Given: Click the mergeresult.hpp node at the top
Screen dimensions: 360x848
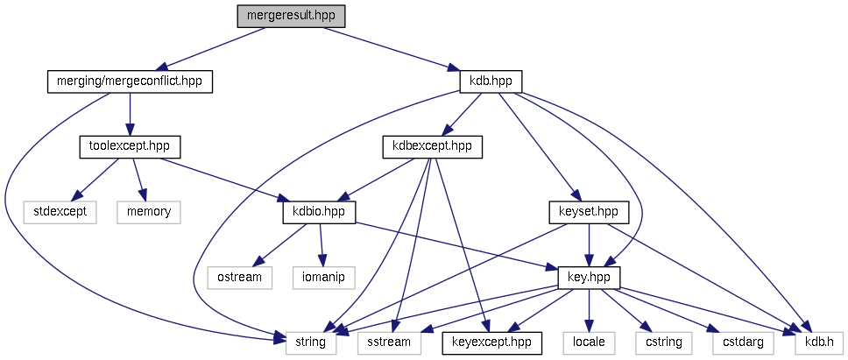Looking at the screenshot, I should tap(291, 16).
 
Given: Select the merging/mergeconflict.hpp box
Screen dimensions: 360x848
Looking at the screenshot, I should tap(130, 81).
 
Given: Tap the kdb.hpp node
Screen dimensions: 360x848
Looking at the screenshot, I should tap(491, 81).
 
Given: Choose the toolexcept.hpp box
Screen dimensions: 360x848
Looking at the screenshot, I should tap(124, 146).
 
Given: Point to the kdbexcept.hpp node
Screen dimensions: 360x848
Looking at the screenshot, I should tap(433, 146).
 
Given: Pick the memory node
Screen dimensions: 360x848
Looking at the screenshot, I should tap(148, 211).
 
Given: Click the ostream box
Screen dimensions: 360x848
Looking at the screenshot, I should tap(239, 277).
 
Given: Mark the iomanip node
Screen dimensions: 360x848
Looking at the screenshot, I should tap(323, 277).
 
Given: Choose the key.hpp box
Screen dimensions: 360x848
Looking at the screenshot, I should tap(589, 277).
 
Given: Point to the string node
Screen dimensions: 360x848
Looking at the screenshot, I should tap(311, 342).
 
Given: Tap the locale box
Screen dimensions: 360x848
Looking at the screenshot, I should tap(589, 342).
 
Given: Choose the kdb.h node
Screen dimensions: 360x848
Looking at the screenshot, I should tap(818, 342).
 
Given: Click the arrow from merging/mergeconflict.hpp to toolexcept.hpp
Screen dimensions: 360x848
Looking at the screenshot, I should tap(130, 114).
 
